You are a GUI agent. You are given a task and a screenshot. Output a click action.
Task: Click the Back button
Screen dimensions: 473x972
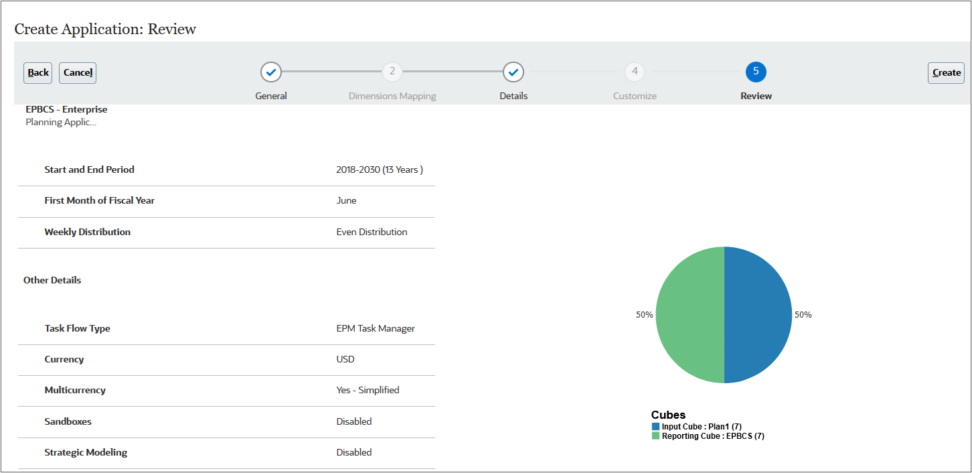click(38, 73)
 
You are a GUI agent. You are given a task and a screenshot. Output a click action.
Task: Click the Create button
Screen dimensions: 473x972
click(946, 73)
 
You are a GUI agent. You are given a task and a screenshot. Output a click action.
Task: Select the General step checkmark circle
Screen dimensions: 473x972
click(271, 72)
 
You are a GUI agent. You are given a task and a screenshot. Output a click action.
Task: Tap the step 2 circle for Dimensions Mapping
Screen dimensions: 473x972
click(392, 72)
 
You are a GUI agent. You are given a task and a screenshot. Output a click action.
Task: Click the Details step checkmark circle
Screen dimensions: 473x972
click(513, 72)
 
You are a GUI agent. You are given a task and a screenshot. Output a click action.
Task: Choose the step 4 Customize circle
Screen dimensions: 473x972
click(635, 72)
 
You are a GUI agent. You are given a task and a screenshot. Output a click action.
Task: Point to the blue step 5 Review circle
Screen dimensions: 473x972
click(756, 72)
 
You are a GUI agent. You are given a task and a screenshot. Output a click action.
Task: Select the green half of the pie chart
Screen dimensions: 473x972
click(690, 315)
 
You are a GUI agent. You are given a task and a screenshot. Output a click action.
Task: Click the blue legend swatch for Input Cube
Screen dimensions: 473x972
click(656, 427)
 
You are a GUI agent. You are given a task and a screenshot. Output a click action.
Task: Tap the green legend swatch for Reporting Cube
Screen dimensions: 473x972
click(656, 436)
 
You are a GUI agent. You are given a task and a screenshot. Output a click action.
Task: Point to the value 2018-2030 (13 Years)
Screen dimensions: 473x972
click(380, 170)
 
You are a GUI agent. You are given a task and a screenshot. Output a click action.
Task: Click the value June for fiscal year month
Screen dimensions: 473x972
click(347, 201)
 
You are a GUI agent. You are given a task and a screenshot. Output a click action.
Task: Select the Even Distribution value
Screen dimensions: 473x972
click(372, 232)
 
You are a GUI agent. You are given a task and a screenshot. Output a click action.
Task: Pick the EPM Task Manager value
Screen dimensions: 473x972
click(376, 329)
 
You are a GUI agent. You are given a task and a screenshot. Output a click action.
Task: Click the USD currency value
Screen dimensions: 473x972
click(345, 360)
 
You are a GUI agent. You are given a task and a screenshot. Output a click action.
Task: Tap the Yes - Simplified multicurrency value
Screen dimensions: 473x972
click(368, 391)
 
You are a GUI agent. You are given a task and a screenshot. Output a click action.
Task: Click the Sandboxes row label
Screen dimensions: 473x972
click(68, 422)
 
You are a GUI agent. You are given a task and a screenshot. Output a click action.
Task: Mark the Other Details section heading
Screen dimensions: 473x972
click(52, 281)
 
